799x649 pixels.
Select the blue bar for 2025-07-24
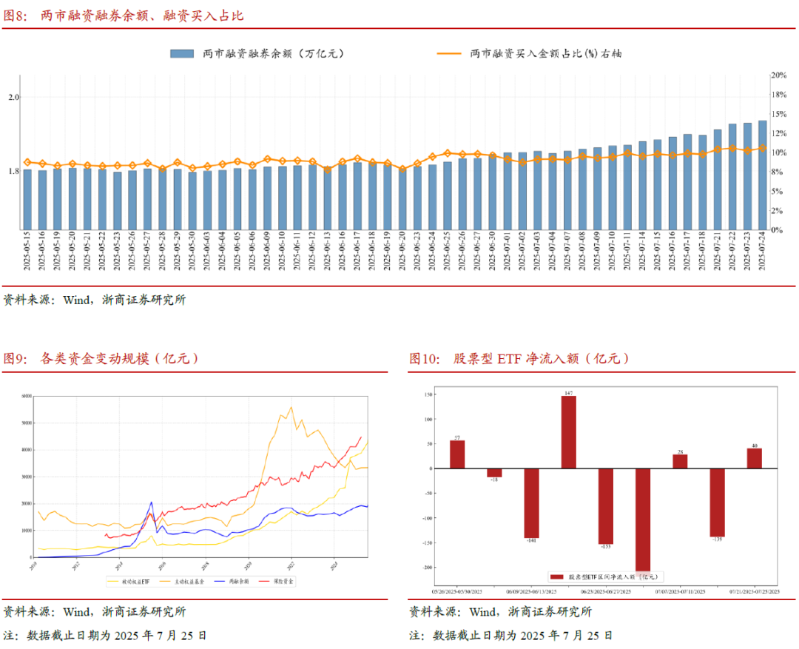pos(762,175)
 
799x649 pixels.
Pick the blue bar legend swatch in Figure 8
pos(182,53)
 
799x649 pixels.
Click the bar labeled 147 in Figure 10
pos(568,432)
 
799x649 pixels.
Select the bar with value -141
pos(531,503)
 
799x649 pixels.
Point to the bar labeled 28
pos(680,461)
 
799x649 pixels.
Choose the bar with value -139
pos(717,502)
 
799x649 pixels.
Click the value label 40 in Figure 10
pos(754,445)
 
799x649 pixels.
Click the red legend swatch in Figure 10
pos(557,576)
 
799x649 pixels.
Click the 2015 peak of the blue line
pos(152,502)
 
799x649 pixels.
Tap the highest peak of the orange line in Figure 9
pos(291,407)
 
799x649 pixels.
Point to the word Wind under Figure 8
pos(78,300)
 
